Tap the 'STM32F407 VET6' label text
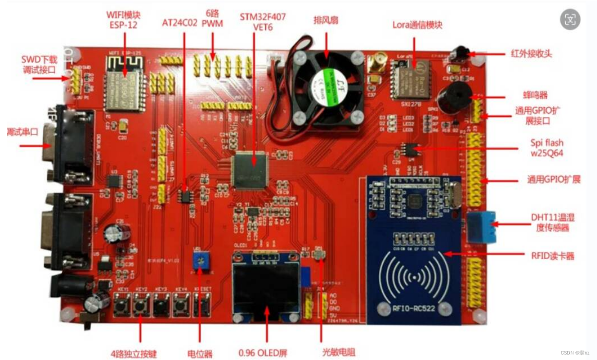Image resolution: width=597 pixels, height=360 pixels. [262, 22]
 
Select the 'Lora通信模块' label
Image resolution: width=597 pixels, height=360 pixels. [417, 25]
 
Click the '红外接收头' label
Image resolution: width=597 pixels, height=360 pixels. [531, 54]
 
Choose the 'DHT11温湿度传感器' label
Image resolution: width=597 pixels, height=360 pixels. [552, 222]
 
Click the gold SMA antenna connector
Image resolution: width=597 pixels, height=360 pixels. [373, 66]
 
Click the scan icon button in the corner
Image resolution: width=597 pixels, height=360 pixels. [570, 19]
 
